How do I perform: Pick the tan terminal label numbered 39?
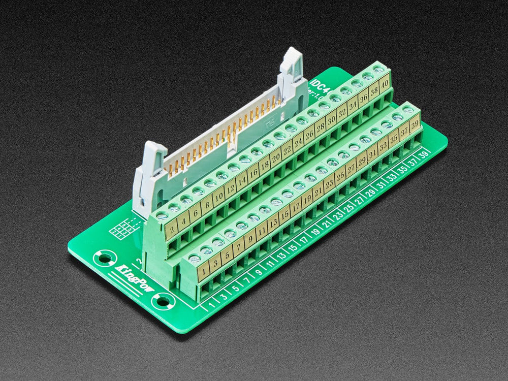coord(415,122)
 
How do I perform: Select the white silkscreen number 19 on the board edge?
coord(315,232)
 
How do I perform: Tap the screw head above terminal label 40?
coord(378,69)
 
